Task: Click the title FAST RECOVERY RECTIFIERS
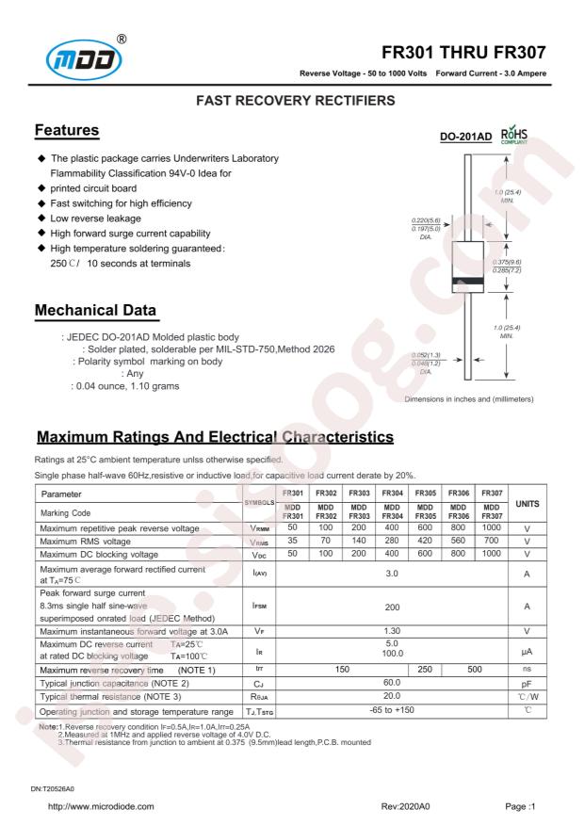tap(292, 99)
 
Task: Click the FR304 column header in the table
tap(392, 494)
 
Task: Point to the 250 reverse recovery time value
tap(425, 670)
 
